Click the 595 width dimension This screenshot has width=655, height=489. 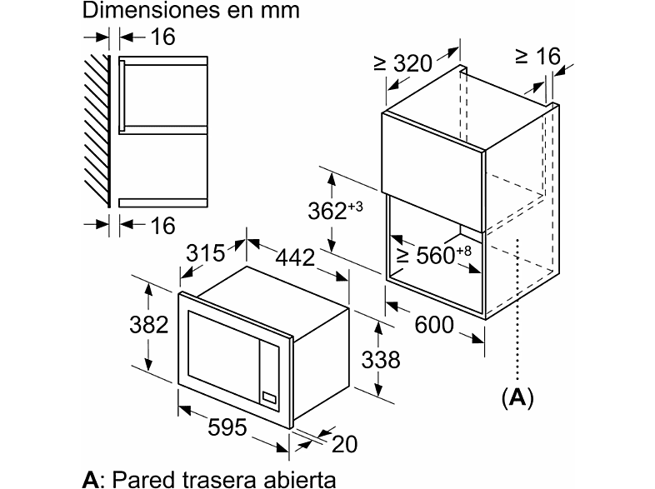tap(227, 427)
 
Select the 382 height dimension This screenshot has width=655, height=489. tap(148, 324)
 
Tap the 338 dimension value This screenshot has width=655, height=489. tap(381, 360)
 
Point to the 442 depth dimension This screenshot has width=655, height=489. tap(295, 257)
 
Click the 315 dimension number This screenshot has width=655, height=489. tap(206, 252)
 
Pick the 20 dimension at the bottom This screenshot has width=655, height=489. tap(345, 444)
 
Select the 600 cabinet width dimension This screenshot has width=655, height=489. tap(434, 324)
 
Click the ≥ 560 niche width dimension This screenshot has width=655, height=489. tap(433, 254)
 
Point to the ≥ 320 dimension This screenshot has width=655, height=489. tap(402, 63)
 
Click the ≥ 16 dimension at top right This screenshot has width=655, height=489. tap(537, 56)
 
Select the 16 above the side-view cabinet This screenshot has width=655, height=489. tap(162, 37)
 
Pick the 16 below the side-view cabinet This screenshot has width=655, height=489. tap(162, 226)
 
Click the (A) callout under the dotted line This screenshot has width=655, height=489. tap(517, 397)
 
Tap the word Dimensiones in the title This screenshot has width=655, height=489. tap(152, 11)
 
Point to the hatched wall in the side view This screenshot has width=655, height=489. tap(97, 131)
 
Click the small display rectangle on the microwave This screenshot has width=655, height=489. tap(269, 398)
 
